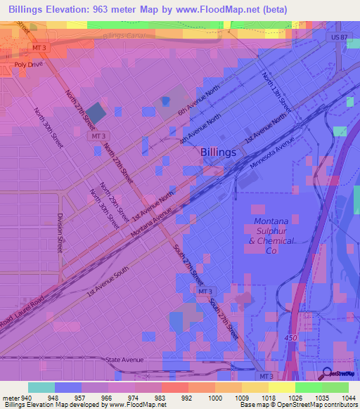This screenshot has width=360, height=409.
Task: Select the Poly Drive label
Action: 29,64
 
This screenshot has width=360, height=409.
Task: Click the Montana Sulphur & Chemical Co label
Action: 271,232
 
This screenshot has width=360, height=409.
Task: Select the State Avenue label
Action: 124,360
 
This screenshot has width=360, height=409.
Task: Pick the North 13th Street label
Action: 276,92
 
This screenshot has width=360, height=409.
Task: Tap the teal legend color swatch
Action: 41,387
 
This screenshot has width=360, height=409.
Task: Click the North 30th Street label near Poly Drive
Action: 49,127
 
